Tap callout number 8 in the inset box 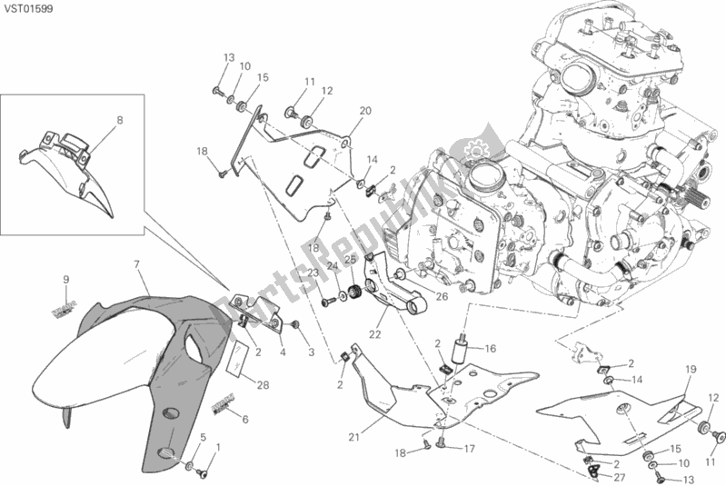118,119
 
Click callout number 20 365,111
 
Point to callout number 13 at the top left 229,56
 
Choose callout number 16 490,348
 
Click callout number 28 263,385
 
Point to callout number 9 66,278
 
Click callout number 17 469,448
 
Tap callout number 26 442,295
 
